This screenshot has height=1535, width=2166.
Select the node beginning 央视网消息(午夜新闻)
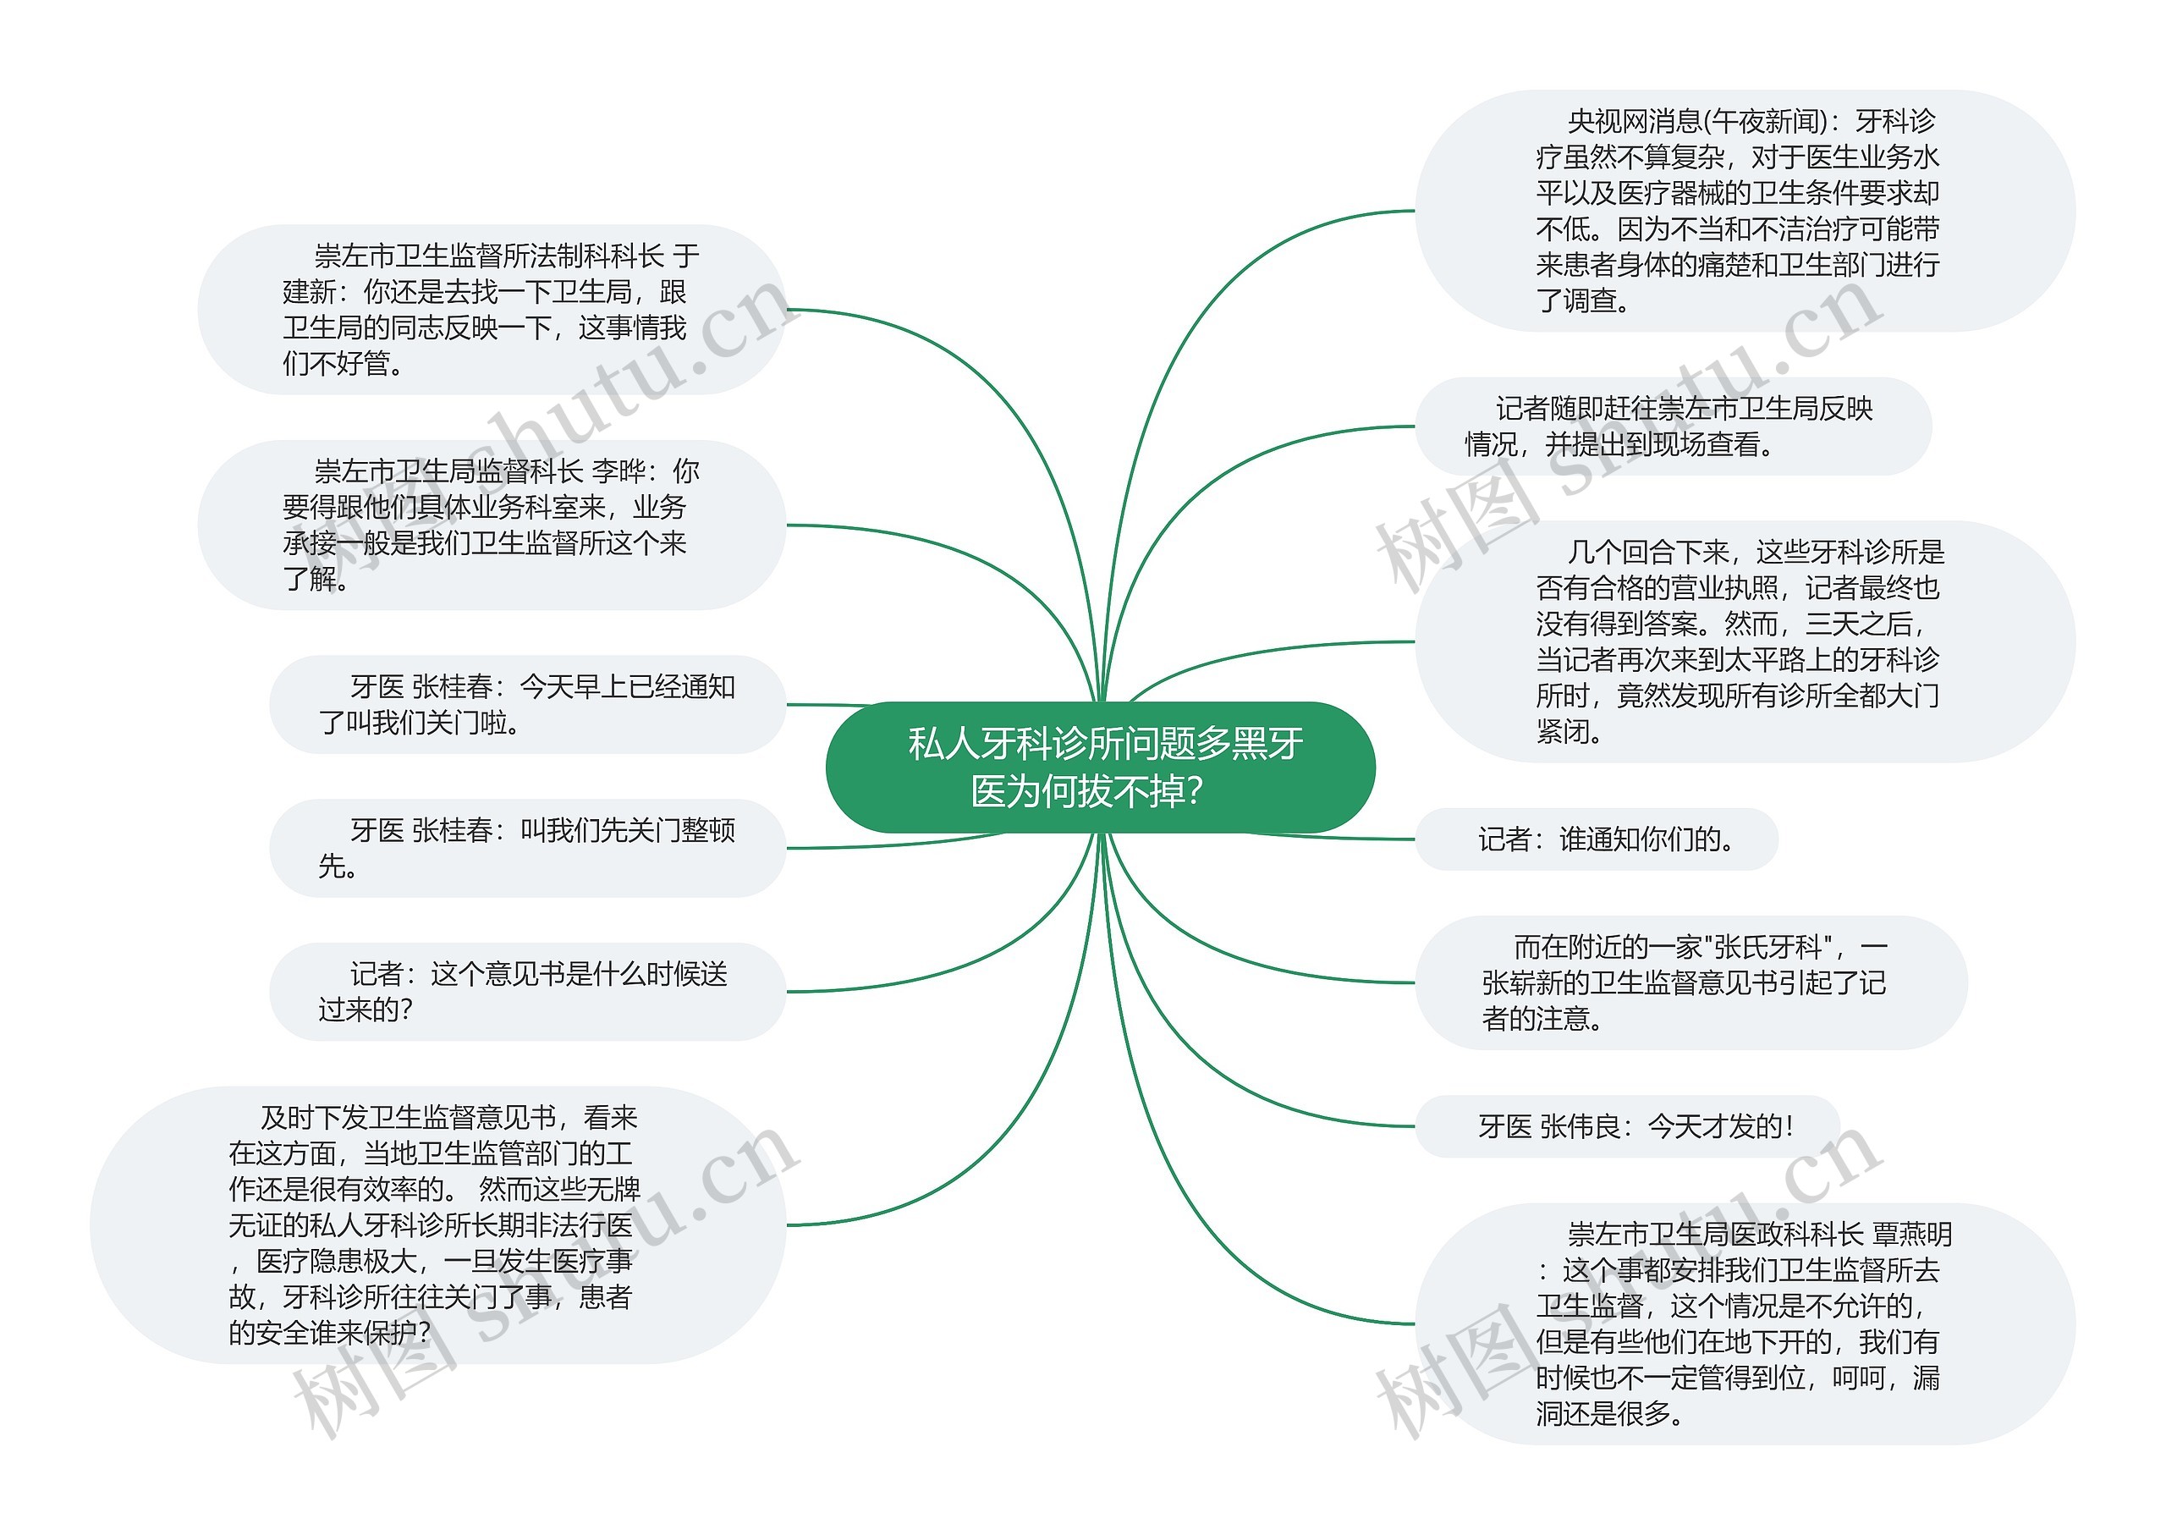(x=1744, y=211)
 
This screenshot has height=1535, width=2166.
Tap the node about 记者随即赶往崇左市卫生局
(x=1672, y=426)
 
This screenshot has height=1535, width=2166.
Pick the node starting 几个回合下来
(x=1744, y=641)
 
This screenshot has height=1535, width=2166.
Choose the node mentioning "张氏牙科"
(x=1690, y=982)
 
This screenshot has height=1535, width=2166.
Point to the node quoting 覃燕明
(x=1744, y=1323)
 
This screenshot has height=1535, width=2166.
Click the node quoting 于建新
(x=492, y=309)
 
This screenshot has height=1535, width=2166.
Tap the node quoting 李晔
(x=492, y=525)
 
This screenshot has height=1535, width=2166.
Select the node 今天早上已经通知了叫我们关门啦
(x=527, y=704)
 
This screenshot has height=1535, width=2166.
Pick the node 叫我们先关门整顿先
(x=527, y=848)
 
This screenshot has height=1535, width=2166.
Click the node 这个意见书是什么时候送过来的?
(x=527, y=992)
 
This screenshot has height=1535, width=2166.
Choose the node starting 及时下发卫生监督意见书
(x=437, y=1225)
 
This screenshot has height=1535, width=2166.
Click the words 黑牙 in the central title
(x=1267, y=744)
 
